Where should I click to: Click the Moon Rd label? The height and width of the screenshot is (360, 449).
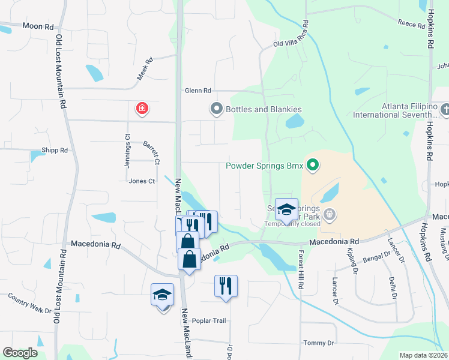38,26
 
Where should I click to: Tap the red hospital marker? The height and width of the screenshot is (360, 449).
142,109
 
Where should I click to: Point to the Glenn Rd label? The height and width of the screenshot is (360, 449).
198,91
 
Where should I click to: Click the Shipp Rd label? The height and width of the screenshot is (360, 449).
55,151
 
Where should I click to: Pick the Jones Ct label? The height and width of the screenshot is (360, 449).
142,181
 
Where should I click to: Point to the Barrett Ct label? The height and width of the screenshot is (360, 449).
151,152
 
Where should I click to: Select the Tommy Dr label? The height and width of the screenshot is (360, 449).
318,343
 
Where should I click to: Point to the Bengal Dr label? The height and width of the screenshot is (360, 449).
377,260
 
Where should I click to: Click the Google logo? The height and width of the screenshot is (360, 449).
20,353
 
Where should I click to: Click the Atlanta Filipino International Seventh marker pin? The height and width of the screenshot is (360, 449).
444,109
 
